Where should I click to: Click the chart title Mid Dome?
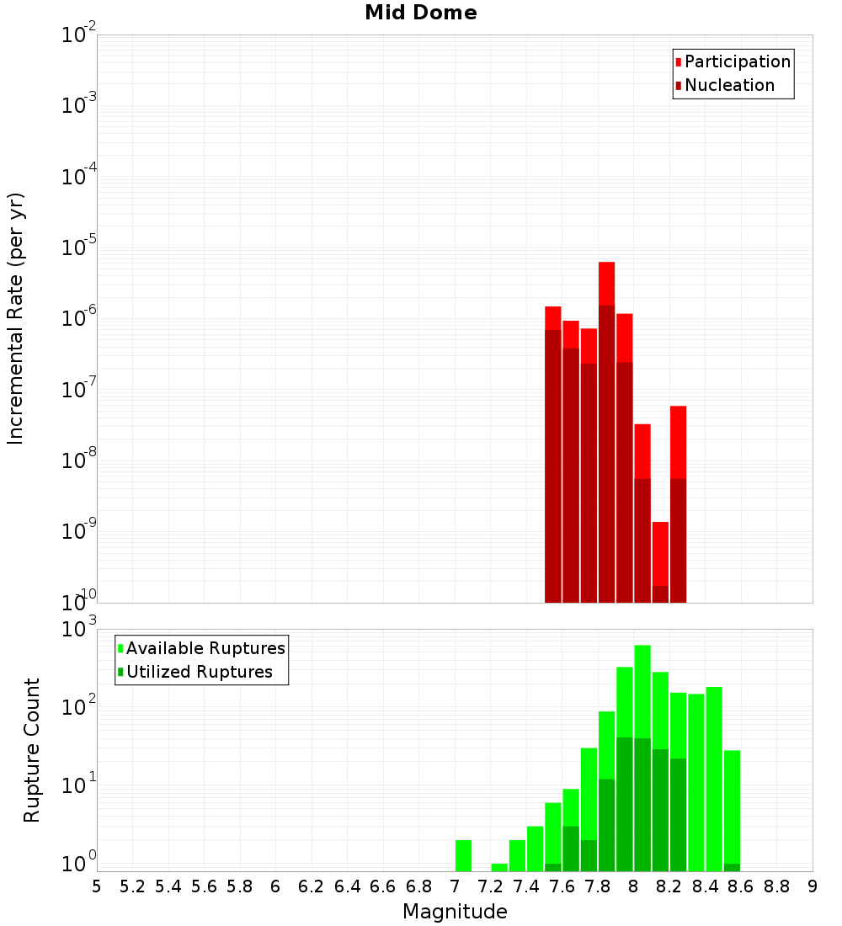click(x=420, y=13)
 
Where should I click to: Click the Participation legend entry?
click(x=737, y=61)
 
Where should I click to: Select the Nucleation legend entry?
click(x=728, y=85)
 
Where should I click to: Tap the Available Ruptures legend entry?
click(x=205, y=648)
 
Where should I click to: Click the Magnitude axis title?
click(x=455, y=912)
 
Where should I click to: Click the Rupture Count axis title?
click(x=32, y=749)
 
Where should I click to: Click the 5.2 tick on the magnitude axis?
click(x=133, y=886)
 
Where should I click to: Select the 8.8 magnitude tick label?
click(x=776, y=886)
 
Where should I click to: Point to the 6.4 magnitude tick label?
click(x=348, y=886)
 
